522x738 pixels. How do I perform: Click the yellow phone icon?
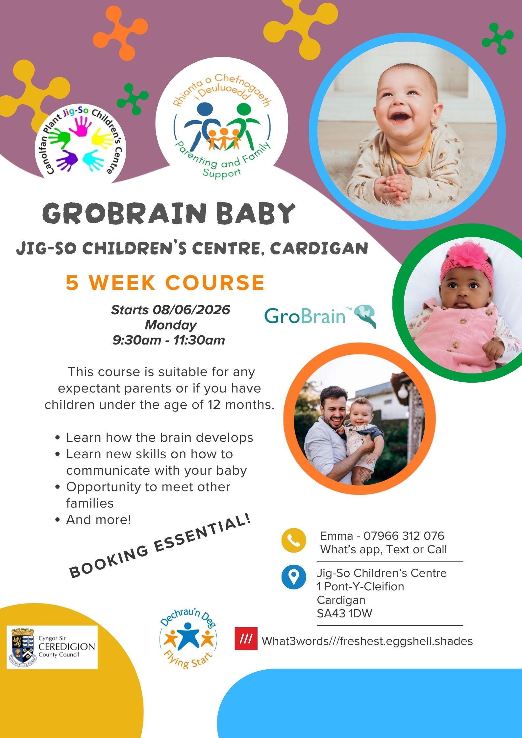coord(294,540)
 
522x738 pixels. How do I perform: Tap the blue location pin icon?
coord(294,577)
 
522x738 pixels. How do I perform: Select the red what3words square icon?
coord(246,638)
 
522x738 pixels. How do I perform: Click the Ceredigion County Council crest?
coord(22,647)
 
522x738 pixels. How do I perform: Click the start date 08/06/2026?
coord(191,310)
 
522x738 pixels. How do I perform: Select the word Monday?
coord(170,325)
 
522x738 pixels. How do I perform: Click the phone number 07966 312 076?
coord(404,536)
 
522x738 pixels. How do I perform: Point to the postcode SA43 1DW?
coord(344,613)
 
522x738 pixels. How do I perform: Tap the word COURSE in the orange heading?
coord(215,282)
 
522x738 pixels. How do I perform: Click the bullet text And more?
coord(98,519)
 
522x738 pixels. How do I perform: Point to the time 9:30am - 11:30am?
coord(168,340)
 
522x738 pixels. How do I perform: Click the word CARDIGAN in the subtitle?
coord(318,249)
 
